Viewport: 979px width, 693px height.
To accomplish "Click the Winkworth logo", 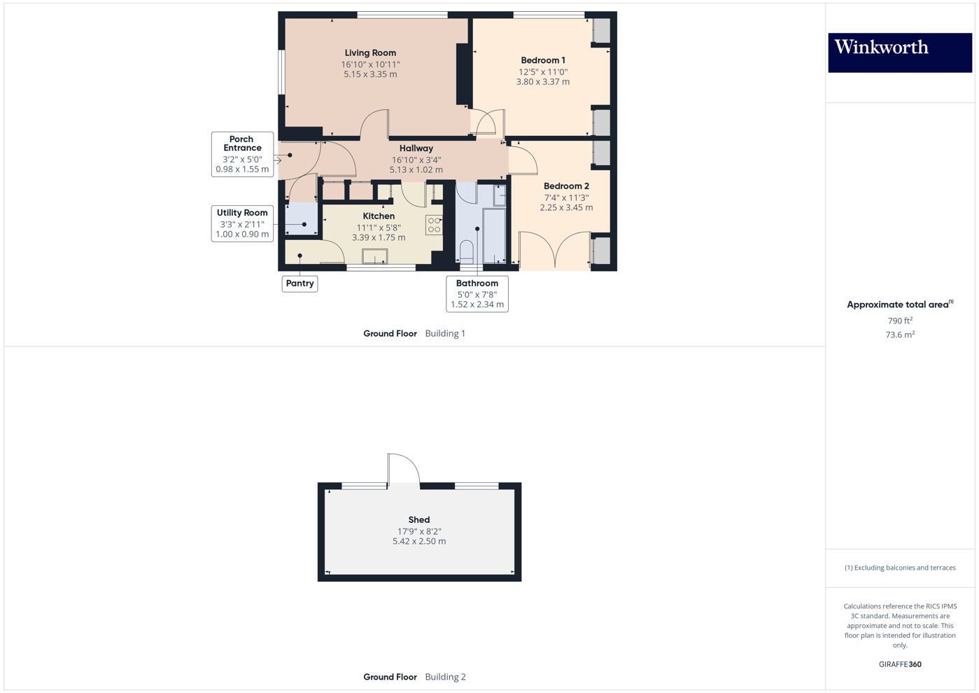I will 899,52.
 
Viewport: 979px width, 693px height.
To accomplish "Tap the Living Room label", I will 370,53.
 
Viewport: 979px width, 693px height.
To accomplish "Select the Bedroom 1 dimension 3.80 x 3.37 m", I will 542,82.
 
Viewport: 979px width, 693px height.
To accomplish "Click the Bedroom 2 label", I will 566,186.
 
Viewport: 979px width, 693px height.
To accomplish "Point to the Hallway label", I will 416,148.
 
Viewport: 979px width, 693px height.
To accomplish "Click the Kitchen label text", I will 379,216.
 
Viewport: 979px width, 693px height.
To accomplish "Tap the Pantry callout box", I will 300,283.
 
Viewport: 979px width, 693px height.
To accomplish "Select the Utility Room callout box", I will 242,223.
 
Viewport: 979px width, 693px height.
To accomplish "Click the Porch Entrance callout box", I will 242,154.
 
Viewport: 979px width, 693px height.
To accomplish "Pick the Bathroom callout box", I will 477,294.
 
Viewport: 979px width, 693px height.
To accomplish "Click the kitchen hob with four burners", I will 434,225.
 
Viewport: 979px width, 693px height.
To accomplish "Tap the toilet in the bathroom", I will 467,251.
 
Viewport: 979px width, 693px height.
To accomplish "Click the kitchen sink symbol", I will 374,256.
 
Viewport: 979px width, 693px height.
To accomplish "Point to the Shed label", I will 419,520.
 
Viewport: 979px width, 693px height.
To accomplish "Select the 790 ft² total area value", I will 900,321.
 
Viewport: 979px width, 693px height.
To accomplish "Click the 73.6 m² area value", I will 900,335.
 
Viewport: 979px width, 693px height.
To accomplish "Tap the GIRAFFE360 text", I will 900,664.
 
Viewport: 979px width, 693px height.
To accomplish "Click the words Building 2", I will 445,677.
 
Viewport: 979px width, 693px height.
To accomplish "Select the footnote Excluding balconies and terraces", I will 900,568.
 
